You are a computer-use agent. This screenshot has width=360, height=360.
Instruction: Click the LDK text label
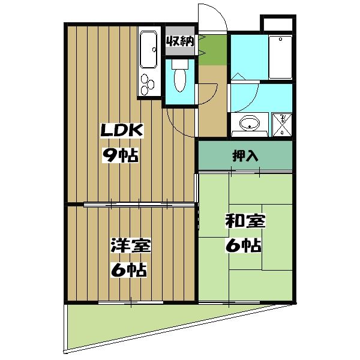[x=120, y=131]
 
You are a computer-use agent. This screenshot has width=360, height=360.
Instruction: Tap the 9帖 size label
[x=120, y=156]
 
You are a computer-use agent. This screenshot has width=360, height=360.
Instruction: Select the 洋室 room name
[x=130, y=246]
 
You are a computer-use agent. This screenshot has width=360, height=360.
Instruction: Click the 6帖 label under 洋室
[x=130, y=271]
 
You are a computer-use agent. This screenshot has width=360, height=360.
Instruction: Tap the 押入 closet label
[x=245, y=156]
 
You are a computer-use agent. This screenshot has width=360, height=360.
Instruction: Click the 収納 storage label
[x=179, y=42]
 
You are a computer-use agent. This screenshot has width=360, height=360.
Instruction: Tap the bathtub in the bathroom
[x=280, y=57]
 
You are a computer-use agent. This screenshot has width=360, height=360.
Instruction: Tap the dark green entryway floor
[x=212, y=50]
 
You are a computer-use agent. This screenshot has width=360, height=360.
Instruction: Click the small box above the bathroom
[x=278, y=24]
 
